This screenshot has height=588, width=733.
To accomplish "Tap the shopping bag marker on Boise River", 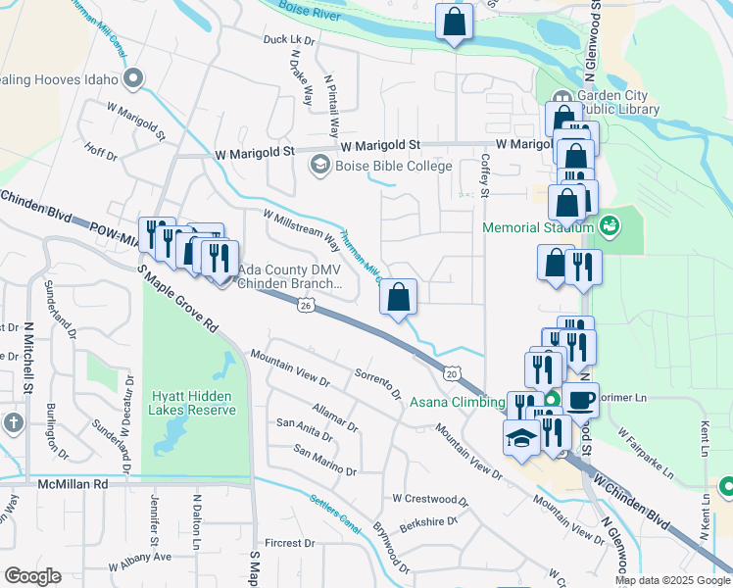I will pos(455,23).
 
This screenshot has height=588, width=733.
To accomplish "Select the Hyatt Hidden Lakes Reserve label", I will pos(193,403).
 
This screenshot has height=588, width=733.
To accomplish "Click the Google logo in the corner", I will pos(32,576).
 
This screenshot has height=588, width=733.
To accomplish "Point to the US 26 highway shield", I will pos(306,308).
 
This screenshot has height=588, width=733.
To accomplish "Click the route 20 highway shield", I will pos(451,373).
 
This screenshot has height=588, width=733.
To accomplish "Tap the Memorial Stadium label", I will pos(537,228).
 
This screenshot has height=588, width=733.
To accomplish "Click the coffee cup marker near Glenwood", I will pos(580,399).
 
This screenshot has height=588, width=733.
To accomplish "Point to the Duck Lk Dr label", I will pos(288,41).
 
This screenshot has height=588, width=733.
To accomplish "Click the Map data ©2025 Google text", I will pos(671,580).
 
